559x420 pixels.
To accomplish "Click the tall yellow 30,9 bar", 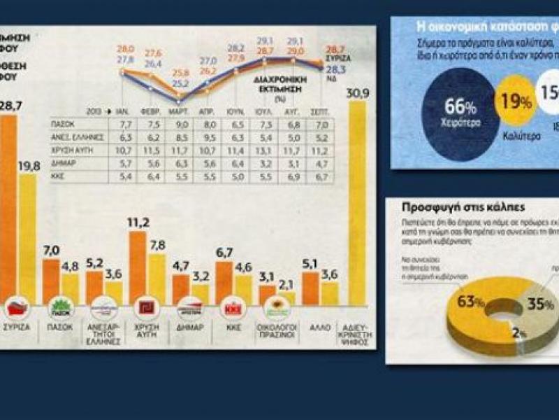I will coord(356,203).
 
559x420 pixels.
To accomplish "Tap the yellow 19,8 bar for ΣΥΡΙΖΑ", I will coord(28,238).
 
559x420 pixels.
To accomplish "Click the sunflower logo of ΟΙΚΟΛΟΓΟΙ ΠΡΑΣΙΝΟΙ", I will coord(277,307).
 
